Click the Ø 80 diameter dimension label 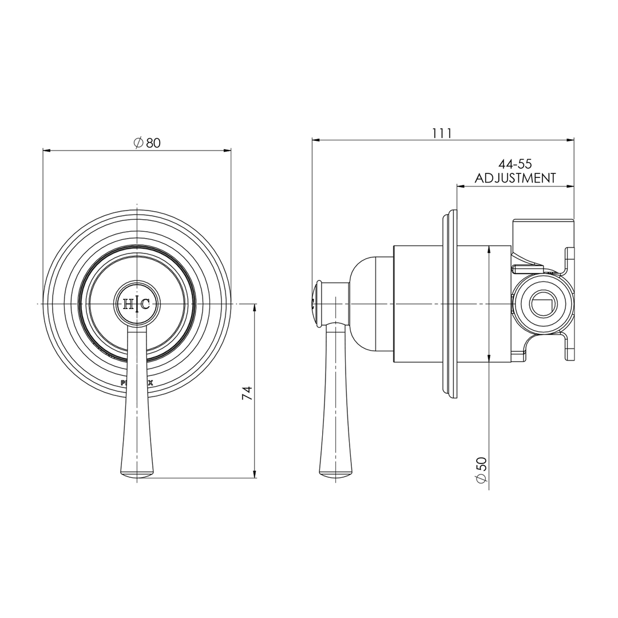[147, 143]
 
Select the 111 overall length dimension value [442, 133]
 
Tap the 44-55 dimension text [515, 165]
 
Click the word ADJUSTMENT [515, 178]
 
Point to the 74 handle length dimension [247, 393]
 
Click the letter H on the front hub [129, 304]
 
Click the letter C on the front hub [145, 304]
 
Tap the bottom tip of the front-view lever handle [137, 473]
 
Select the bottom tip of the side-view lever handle [335, 473]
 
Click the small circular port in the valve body [541, 303]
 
